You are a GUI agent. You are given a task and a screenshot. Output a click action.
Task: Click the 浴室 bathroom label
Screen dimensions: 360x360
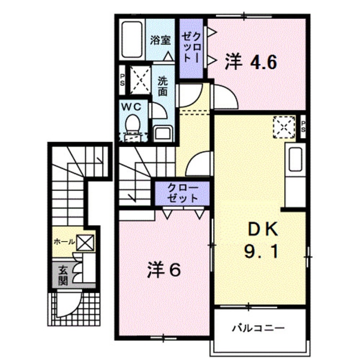[x=160, y=40]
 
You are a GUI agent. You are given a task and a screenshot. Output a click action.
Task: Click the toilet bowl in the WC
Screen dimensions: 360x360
[x=133, y=126]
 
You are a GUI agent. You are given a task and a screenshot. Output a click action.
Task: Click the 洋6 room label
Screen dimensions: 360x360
[x=163, y=271]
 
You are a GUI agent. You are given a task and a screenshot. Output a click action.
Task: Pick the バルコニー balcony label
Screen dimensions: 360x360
[x=258, y=328]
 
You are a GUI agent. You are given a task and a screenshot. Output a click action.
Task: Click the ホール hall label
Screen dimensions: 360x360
[x=64, y=242]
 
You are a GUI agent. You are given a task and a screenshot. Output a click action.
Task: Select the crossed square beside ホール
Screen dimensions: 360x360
[x=85, y=242]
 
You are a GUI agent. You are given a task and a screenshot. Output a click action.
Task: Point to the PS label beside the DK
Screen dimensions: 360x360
[x=303, y=126]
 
